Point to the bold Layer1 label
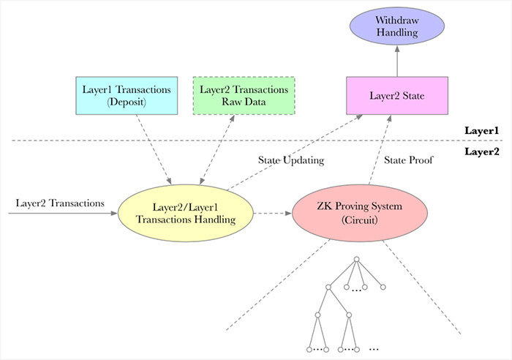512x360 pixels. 481,131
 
